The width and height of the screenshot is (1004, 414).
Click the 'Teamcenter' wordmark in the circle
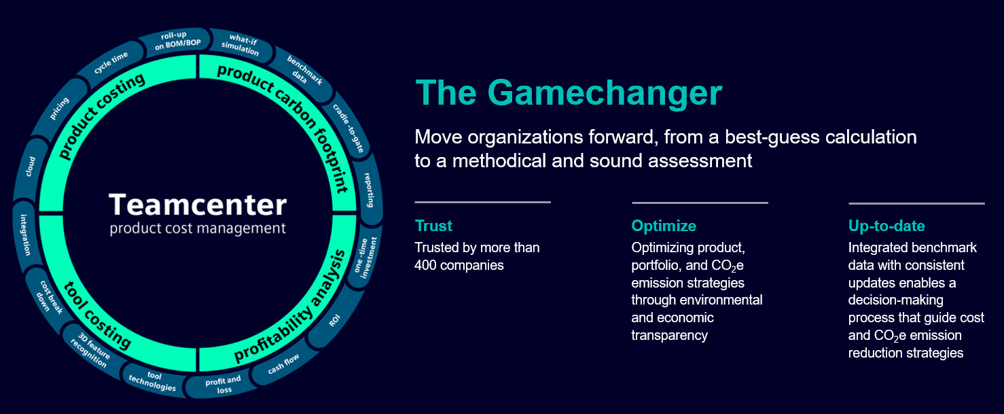pyautogui.click(x=198, y=205)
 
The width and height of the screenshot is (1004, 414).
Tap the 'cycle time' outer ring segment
pyautogui.click(x=111, y=63)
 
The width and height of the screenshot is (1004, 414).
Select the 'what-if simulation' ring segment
pyautogui.click(x=240, y=45)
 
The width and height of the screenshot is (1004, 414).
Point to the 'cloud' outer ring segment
pyautogui.click(x=30, y=167)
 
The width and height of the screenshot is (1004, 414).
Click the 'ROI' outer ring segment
pyautogui.click(x=334, y=320)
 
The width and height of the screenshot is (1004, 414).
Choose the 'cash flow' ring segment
pyautogui.click(x=283, y=363)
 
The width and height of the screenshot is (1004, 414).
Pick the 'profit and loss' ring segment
pyautogui.click(x=223, y=384)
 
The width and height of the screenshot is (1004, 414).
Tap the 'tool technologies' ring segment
pyautogui.click(x=152, y=381)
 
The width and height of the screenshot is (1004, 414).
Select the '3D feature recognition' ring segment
pyautogui.click(x=90, y=350)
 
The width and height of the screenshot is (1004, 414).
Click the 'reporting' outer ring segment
pyautogui.click(x=368, y=189)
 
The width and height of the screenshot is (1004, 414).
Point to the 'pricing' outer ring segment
pyautogui.click(x=59, y=109)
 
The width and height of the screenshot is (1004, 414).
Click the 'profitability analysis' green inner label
pyautogui.click(x=290, y=306)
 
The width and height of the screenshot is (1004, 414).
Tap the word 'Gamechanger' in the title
pyautogui.click(x=605, y=93)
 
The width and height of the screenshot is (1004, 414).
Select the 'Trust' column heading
pyautogui.click(x=433, y=226)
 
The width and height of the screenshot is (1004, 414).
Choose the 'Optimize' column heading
pyautogui.click(x=664, y=226)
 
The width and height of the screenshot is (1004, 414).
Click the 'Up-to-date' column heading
pyautogui.click(x=886, y=226)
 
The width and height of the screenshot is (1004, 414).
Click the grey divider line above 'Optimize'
pyautogui.click(x=700, y=203)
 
